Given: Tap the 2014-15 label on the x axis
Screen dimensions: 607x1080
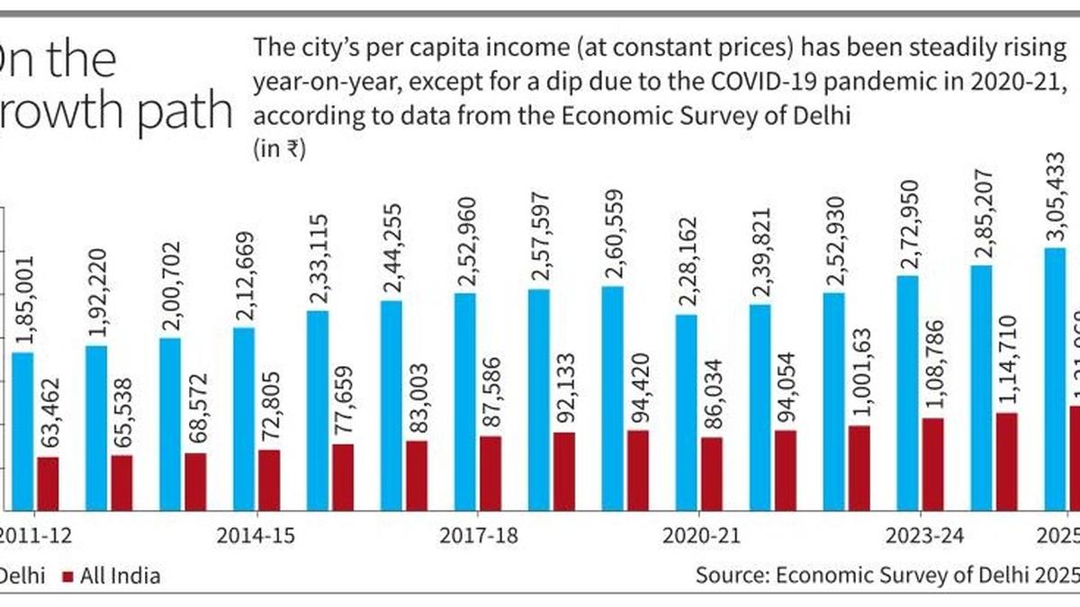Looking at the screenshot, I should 257,537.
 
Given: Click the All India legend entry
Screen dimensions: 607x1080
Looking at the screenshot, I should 112,576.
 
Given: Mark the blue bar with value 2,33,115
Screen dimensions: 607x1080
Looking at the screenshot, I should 318,410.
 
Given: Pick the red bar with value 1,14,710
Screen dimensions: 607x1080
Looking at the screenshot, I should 1006,460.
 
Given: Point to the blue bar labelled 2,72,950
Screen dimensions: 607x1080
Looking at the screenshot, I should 907,392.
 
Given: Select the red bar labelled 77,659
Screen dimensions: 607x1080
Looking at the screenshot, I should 342,477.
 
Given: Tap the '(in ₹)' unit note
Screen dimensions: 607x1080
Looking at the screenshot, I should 280,150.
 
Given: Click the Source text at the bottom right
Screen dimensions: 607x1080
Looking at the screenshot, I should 886,576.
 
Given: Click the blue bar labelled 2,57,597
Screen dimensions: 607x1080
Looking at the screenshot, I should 539,399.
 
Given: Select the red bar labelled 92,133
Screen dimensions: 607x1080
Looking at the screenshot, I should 563,470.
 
